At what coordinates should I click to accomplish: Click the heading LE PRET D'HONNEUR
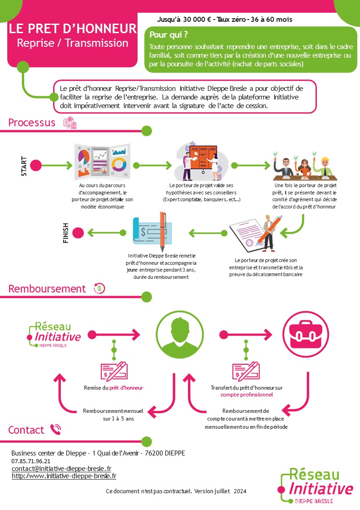tap(73, 29)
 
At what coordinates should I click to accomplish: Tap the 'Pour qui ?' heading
tap(168, 35)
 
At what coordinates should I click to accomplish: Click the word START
tap(24, 166)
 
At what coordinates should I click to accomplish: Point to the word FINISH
tap(66, 233)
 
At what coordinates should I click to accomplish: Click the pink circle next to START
tap(36, 165)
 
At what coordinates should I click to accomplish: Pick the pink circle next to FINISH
tap(78, 233)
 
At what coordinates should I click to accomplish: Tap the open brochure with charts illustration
tap(102, 162)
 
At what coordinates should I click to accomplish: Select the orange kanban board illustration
tap(202, 161)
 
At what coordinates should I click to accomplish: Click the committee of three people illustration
tap(305, 166)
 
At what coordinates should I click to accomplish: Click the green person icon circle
tap(180, 335)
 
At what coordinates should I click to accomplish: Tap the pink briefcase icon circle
tap(306, 334)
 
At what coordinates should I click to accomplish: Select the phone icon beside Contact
tap(56, 430)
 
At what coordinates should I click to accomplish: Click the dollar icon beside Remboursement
tap(99, 288)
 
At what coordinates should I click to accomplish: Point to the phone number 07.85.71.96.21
tap(31, 461)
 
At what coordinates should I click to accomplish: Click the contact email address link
tap(61, 469)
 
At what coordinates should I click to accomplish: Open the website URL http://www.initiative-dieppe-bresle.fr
tap(64, 476)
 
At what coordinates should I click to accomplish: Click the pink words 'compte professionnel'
tap(247, 395)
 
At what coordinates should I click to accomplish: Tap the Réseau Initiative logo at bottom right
tap(316, 486)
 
